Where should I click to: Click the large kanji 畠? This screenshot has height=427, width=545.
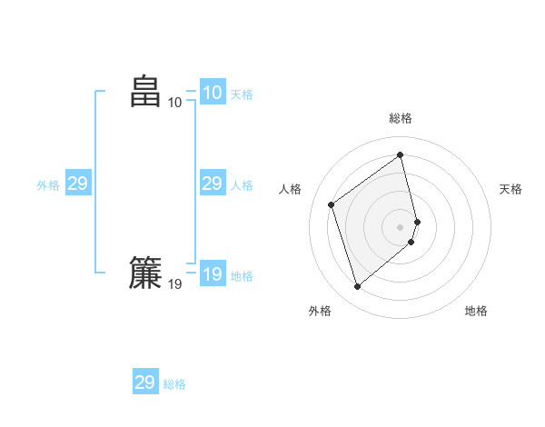[x=145, y=92]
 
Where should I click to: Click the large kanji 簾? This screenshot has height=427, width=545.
[x=145, y=273]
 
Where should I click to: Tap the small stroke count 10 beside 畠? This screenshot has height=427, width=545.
[x=175, y=103]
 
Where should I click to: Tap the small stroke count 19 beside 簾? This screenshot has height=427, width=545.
[x=175, y=284]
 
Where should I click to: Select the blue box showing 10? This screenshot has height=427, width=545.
[x=212, y=93]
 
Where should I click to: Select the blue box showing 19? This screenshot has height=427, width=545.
[x=212, y=274]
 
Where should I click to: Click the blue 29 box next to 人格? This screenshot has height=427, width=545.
[x=212, y=184]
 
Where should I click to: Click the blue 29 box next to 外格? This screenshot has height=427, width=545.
[x=77, y=184]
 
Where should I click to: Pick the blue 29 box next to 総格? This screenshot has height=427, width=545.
[x=144, y=382]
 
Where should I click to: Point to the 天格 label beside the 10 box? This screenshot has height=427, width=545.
[x=242, y=94]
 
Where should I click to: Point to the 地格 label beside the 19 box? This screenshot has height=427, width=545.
[x=242, y=276]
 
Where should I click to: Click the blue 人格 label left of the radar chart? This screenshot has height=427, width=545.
[x=242, y=185]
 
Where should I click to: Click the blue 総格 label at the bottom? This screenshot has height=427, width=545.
[x=174, y=384]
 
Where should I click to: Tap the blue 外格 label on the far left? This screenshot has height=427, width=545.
[x=48, y=185]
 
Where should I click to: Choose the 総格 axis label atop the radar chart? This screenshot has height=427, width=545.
[x=401, y=118]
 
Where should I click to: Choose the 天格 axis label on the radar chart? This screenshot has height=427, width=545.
[x=510, y=189]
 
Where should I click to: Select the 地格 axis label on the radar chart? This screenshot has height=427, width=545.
[x=476, y=311]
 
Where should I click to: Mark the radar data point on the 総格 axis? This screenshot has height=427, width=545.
[x=401, y=154]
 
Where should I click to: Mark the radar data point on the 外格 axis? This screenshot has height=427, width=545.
[x=357, y=287]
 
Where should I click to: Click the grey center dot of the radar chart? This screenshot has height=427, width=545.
[x=401, y=226]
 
